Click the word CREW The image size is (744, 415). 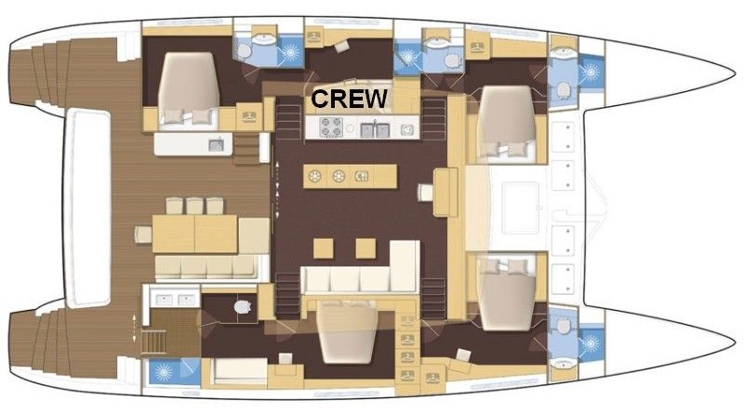click(349, 99)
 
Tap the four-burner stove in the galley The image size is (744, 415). click(331, 127)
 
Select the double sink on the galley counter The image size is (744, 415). click(375, 129)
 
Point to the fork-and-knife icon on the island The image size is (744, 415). click(362, 177)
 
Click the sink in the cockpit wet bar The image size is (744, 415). click(217, 145)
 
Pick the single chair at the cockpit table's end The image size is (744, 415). click(143, 234)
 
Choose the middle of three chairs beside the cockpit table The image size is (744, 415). click(194, 206)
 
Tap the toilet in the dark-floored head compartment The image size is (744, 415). click(243, 307)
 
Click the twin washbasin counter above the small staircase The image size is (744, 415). click(172, 298)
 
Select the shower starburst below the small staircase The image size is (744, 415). click(164, 373)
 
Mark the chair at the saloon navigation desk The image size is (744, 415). click(426, 193)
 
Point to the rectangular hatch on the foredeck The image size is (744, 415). click(522, 208)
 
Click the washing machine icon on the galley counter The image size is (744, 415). click(406, 129)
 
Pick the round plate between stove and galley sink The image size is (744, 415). click(351, 127)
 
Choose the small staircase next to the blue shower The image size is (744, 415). click(153, 341)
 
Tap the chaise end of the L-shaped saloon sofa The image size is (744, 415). click(405, 265)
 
